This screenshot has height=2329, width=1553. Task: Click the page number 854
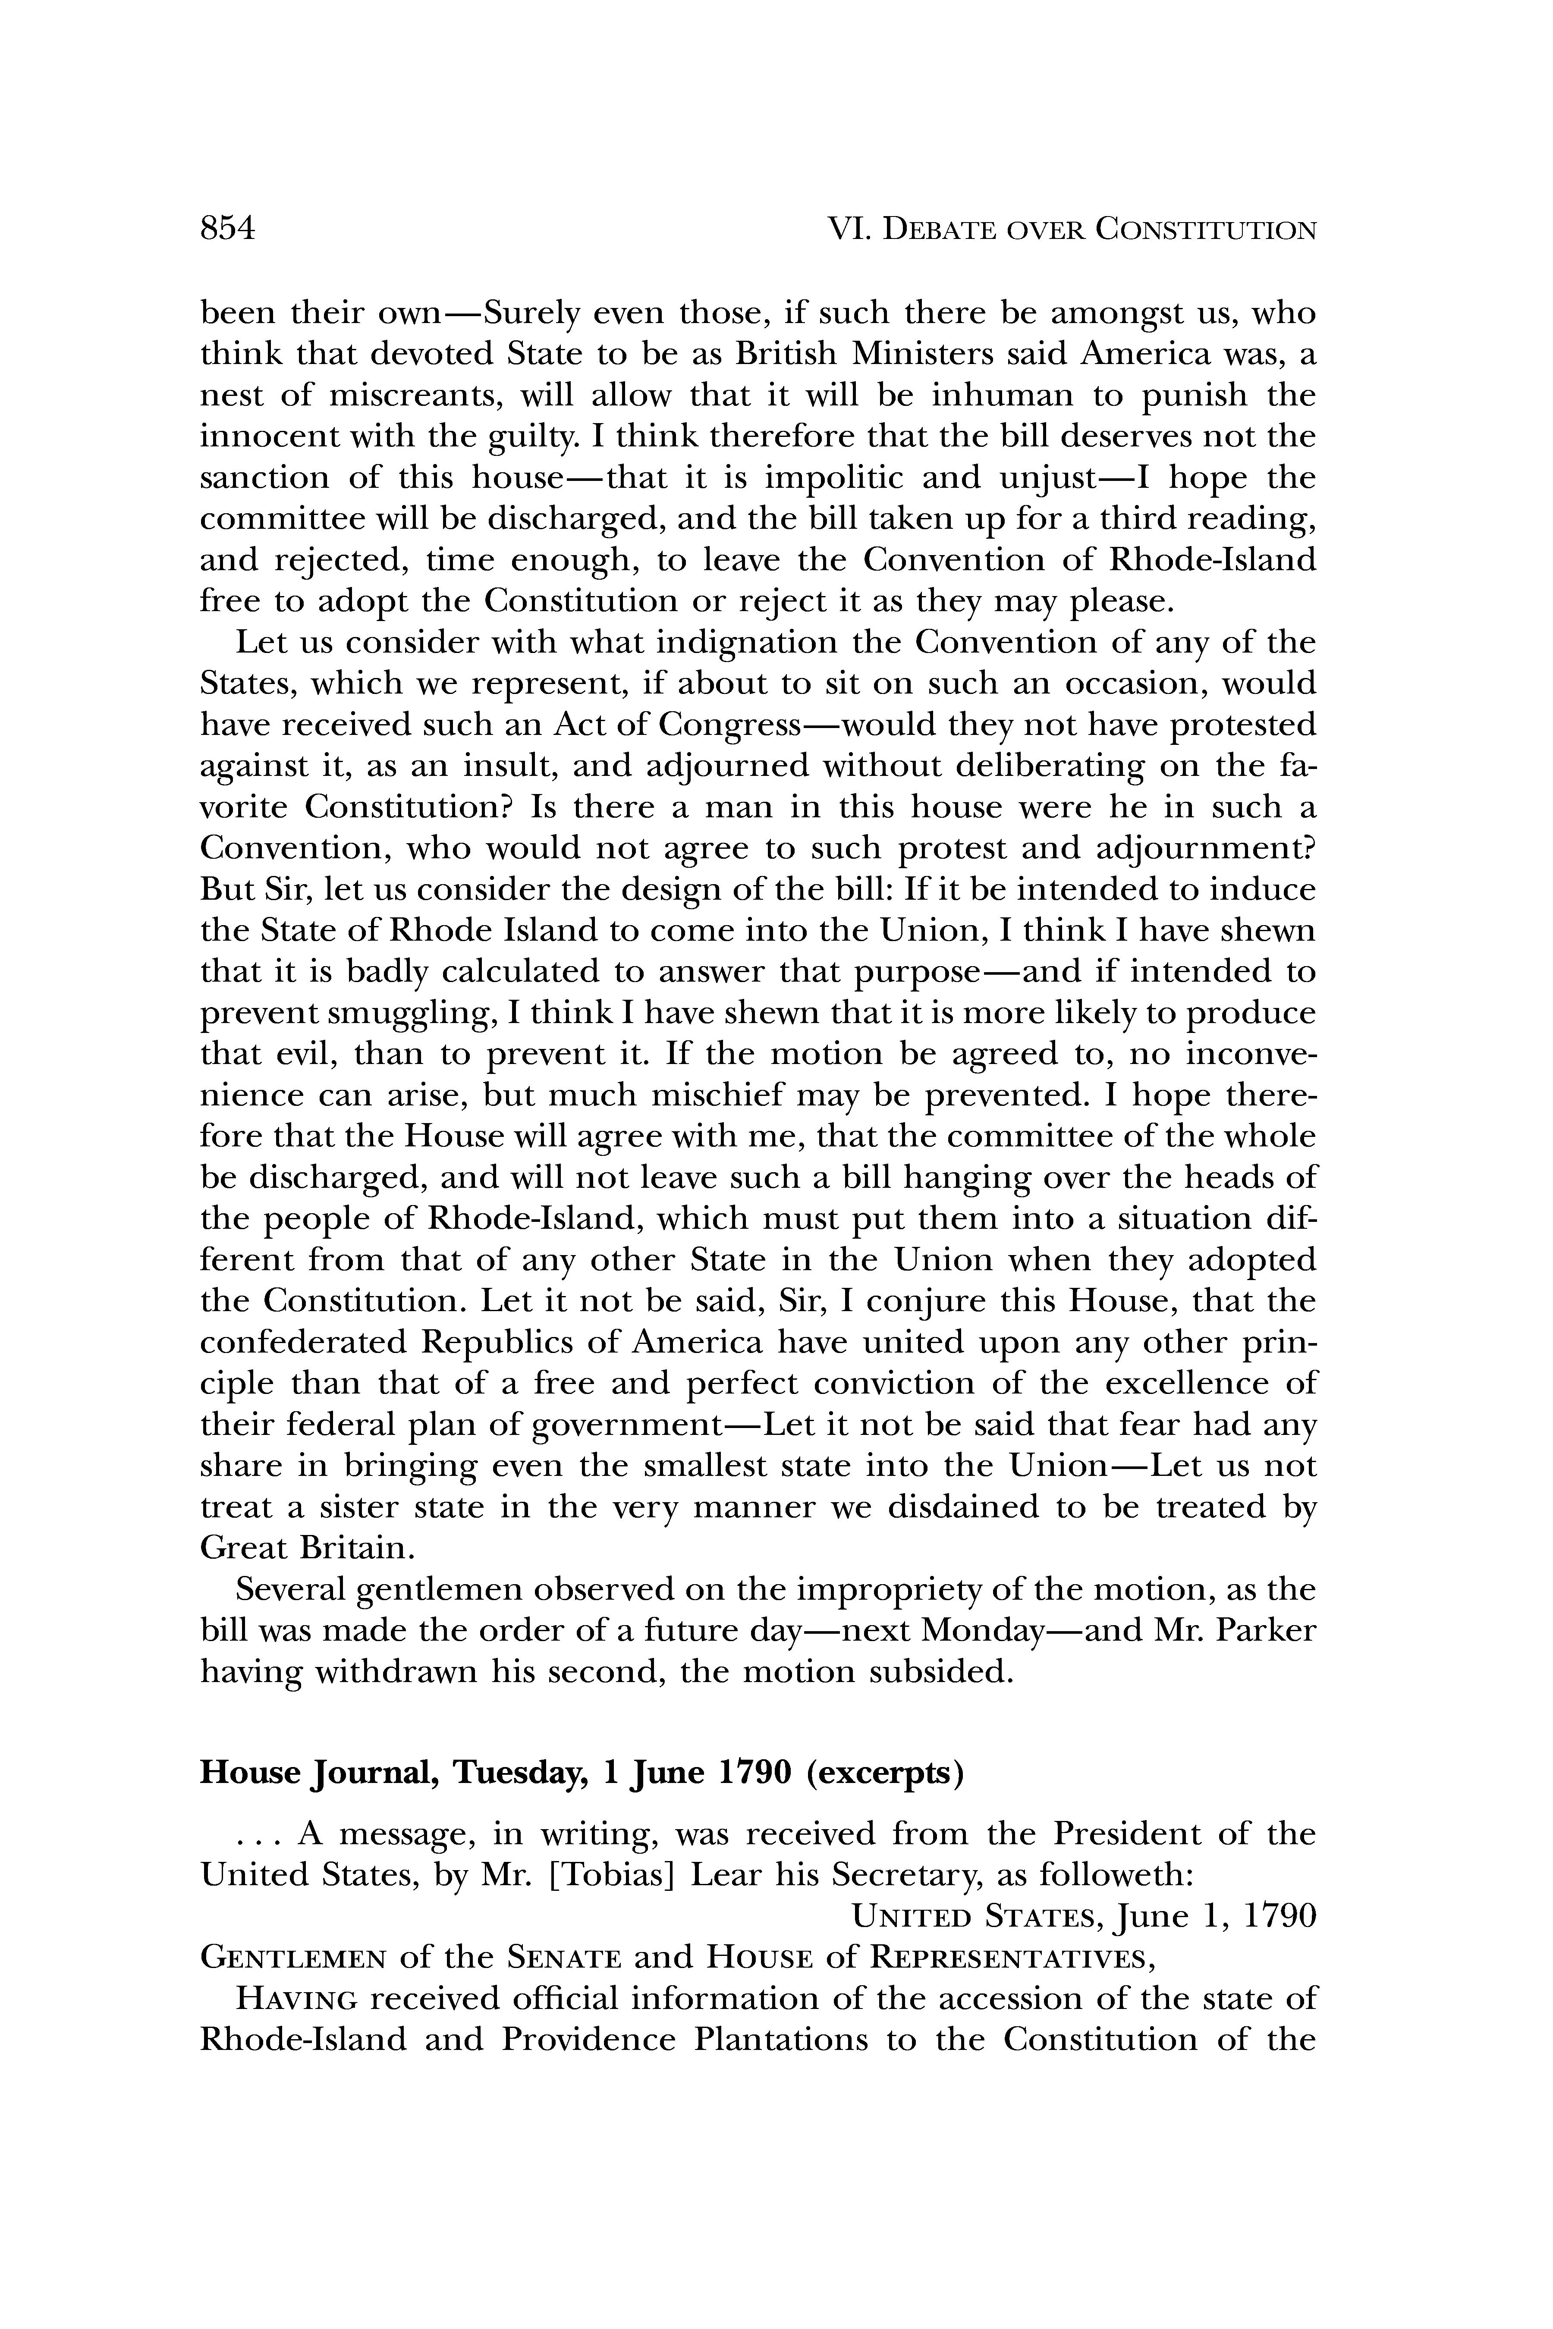(228, 229)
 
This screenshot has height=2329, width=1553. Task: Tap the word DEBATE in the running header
(944, 231)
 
